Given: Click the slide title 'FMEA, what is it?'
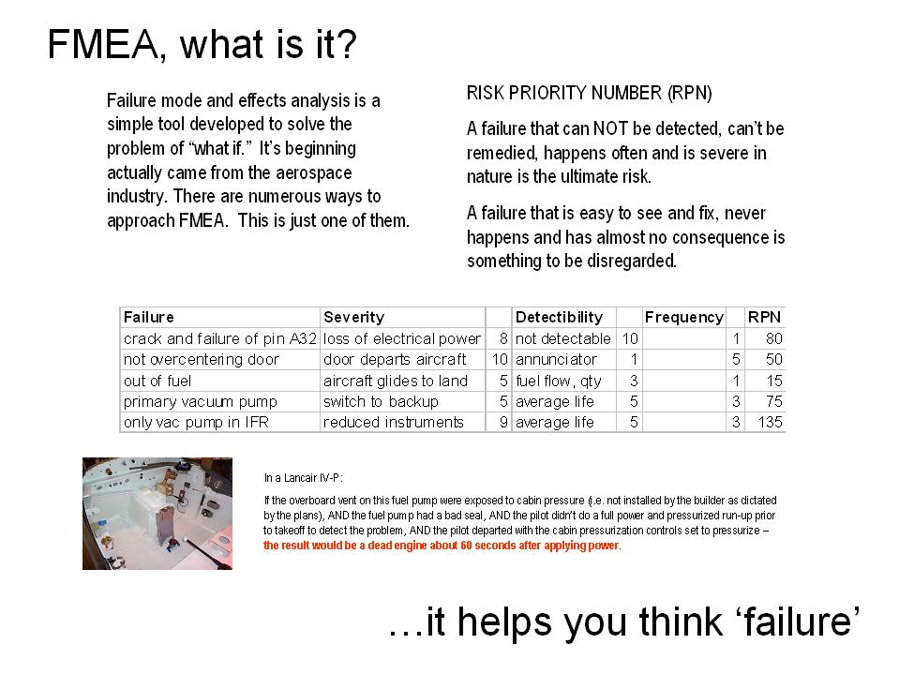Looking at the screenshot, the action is tap(202, 44).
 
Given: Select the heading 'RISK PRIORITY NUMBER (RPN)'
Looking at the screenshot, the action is tap(589, 93).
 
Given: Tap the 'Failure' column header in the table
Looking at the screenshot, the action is tap(148, 317).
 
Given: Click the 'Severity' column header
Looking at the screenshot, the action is tap(353, 318).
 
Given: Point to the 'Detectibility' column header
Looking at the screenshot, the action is tap(559, 318).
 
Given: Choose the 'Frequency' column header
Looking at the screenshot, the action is tap(684, 318).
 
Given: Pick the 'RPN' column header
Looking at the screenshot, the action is tap(764, 317).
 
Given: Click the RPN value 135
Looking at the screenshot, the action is tap(770, 423).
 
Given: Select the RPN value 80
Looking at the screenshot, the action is tap(774, 338).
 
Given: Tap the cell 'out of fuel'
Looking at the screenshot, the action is tap(157, 382).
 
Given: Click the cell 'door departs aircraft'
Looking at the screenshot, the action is tap(395, 359).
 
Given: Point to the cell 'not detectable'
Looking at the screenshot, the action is tap(563, 338).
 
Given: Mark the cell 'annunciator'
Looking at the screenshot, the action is tap(556, 359).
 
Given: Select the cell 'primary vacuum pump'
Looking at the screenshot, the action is tap(201, 402).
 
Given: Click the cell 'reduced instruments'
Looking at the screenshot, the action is tap(394, 423).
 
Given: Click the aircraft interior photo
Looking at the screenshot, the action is tap(157, 514).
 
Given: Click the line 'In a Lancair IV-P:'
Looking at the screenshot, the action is tap(304, 478).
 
